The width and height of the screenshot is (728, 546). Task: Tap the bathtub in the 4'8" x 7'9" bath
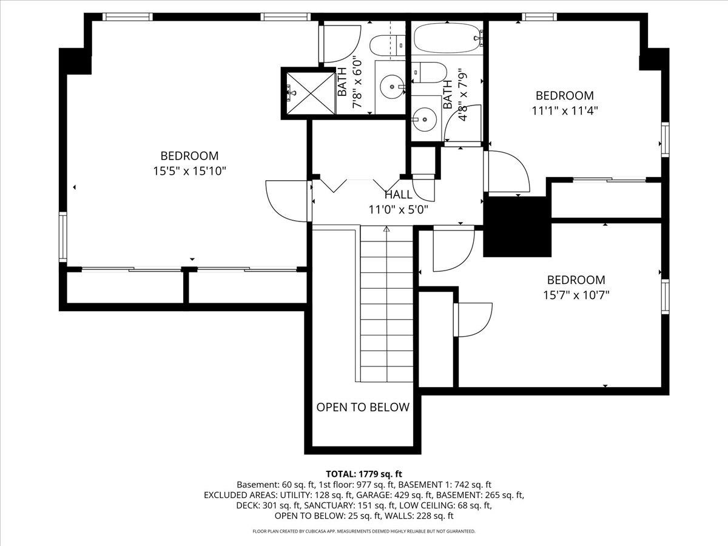447,38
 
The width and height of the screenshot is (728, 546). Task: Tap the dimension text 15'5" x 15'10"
189,171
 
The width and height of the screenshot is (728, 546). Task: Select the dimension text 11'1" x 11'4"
564,111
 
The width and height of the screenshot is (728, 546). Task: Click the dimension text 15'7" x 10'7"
576,295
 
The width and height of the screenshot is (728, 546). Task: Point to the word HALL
399,195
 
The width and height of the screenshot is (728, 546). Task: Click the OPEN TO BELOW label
363,407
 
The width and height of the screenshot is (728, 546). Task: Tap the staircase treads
386,309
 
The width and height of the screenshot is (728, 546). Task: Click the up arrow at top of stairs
386,229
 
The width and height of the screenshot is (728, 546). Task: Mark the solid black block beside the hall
516,226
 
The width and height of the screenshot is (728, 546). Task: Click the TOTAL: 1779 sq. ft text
364,474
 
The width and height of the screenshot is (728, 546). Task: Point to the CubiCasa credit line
364,531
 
